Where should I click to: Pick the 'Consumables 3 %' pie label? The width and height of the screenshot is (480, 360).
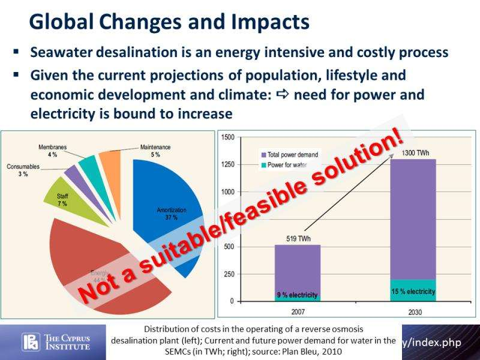coord(23,170)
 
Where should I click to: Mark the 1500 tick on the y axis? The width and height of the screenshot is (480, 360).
coord(227,137)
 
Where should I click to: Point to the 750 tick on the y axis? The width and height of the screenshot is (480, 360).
coord(229,220)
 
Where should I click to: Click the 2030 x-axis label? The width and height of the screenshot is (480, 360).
coord(413,312)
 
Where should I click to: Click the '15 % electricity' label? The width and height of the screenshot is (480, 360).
coord(413,292)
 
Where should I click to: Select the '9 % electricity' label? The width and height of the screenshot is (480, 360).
coord(297,295)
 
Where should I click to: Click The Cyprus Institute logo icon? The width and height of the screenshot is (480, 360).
coord(29,343)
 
